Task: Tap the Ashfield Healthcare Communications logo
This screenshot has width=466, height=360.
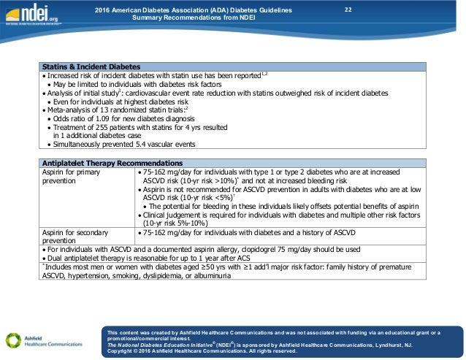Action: [x=43, y=340]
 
